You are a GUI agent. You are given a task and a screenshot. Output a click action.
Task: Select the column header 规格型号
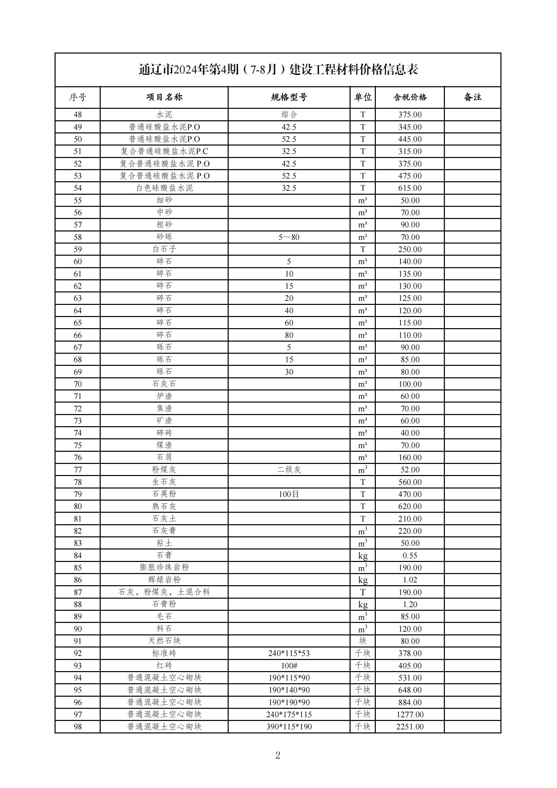click(x=289, y=97)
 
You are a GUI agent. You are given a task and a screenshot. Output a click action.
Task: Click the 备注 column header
click(x=472, y=97)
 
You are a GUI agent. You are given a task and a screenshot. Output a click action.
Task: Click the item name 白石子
click(x=164, y=249)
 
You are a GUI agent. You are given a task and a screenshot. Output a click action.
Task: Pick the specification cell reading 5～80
click(x=289, y=237)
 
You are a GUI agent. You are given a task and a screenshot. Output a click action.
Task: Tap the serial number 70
click(x=77, y=384)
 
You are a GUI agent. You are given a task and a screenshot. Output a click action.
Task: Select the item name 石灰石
click(x=164, y=384)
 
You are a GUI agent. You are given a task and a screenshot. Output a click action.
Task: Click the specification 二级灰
click(x=289, y=470)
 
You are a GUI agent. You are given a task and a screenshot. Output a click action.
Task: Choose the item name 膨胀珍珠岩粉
click(x=164, y=568)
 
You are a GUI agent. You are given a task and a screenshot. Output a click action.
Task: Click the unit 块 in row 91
click(x=363, y=641)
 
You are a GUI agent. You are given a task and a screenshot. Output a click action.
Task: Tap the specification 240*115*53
click(x=289, y=653)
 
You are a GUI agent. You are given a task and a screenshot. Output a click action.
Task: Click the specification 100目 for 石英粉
click(x=289, y=494)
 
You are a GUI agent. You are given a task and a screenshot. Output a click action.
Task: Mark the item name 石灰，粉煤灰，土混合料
click(x=164, y=592)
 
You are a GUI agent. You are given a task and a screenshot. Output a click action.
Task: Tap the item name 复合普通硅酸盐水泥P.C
click(x=164, y=151)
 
